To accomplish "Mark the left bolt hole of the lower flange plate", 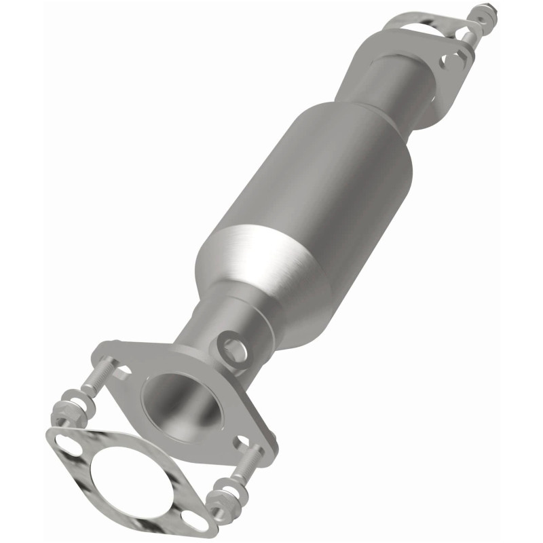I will click(123, 366).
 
